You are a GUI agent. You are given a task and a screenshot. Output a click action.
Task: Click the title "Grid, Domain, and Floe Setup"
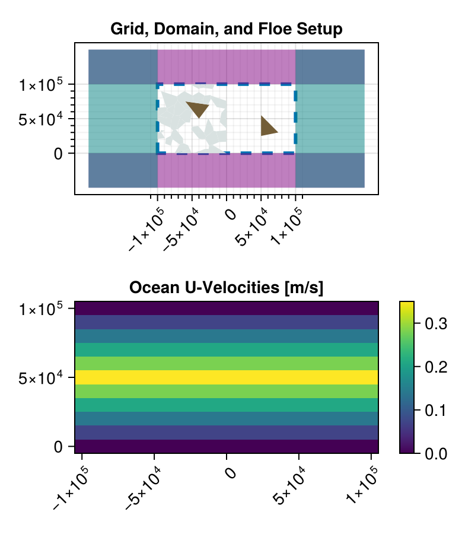click(227, 29)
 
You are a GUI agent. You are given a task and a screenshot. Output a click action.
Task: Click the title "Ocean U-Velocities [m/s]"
click(227, 288)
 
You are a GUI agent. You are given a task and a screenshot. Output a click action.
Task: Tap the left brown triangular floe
click(198, 109)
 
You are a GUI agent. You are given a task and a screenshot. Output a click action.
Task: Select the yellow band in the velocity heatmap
click(227, 377)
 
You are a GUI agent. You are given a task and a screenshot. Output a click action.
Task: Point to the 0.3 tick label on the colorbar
click(436, 323)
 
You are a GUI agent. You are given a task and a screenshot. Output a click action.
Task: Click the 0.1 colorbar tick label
click(436, 411)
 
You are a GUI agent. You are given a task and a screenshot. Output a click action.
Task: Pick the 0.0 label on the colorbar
click(436, 454)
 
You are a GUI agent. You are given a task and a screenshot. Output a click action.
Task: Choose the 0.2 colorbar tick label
click(436, 367)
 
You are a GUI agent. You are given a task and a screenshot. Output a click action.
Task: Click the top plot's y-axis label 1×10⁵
click(41, 84)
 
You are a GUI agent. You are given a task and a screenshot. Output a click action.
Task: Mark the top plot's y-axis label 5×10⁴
click(41, 119)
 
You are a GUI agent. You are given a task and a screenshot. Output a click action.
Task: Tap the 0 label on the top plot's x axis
click(231, 215)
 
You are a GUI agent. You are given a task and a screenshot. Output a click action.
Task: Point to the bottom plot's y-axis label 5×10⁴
click(41, 378)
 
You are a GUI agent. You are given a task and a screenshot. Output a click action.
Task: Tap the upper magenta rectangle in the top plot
click(227, 66)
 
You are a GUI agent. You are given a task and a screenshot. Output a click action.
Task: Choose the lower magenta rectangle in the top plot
click(227, 170)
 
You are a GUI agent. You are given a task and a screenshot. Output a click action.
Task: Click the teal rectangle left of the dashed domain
click(123, 119)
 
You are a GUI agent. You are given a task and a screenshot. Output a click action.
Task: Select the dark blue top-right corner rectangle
click(330, 66)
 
